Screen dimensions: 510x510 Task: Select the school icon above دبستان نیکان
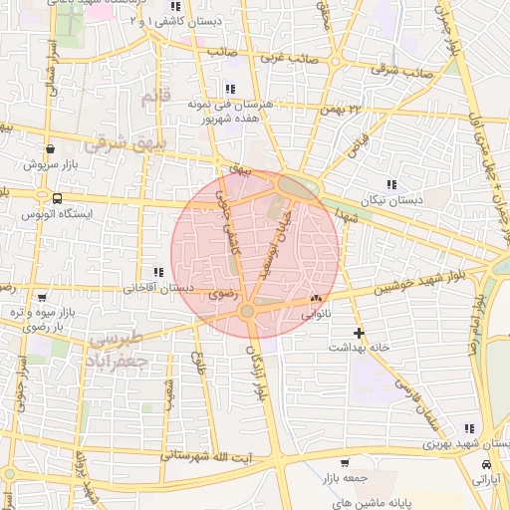(x=390, y=184)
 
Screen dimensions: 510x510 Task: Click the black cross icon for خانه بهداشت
(x=359, y=332)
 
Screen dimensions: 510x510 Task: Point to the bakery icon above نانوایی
(x=317, y=297)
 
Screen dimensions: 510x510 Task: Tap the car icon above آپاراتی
(x=485, y=465)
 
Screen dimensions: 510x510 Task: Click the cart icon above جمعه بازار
(x=344, y=463)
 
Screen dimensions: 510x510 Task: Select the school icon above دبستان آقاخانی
(x=157, y=272)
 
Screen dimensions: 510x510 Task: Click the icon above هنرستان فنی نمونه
(x=231, y=89)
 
